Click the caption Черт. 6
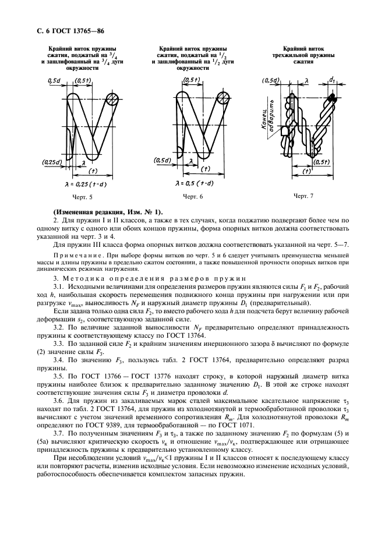192,197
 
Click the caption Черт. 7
303,196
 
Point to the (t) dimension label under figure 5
93,172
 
